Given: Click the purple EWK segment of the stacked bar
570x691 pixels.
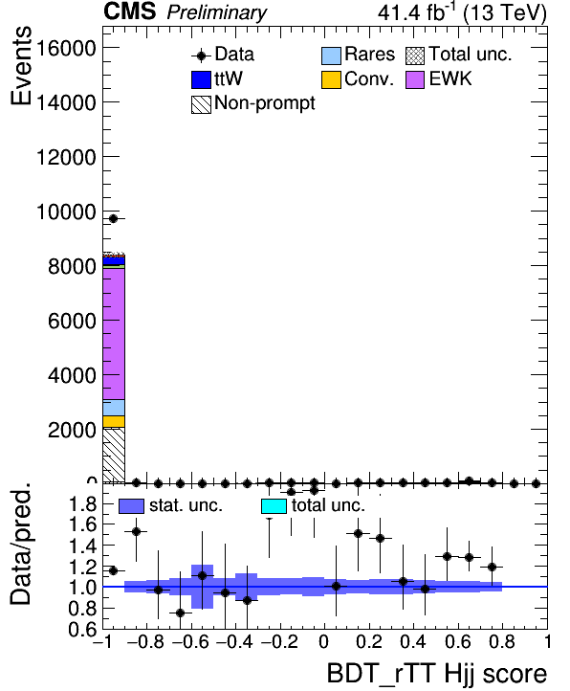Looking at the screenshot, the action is (114, 334).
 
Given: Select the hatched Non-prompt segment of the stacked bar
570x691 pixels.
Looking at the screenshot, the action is (114, 455).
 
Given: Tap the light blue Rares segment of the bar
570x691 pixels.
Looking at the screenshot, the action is (114, 408).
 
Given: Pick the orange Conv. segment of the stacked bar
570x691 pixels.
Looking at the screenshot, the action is (114, 421).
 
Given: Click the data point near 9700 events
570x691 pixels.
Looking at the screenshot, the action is (113, 218).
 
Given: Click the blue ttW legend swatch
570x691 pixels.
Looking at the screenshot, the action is (201, 79).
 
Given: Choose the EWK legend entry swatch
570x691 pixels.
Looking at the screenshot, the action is (415, 79).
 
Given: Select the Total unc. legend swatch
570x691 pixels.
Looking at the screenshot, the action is (415, 56).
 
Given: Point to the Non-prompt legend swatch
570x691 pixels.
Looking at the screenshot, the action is (201, 105).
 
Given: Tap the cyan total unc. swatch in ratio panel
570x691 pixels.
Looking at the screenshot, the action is (274, 506).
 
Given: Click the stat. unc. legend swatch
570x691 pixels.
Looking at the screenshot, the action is (131, 506).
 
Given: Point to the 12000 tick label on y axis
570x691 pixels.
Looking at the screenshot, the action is (66, 157).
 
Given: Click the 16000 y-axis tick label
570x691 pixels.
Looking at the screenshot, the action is (66, 48).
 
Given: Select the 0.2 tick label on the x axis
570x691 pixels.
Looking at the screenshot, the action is (369, 641).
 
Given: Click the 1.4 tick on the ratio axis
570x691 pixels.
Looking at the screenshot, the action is (83, 546).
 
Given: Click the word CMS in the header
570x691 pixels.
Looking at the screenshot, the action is (129, 11).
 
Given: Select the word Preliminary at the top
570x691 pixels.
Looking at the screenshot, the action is (217, 12).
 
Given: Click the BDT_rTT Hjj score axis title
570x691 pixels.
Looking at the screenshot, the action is (437, 674).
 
